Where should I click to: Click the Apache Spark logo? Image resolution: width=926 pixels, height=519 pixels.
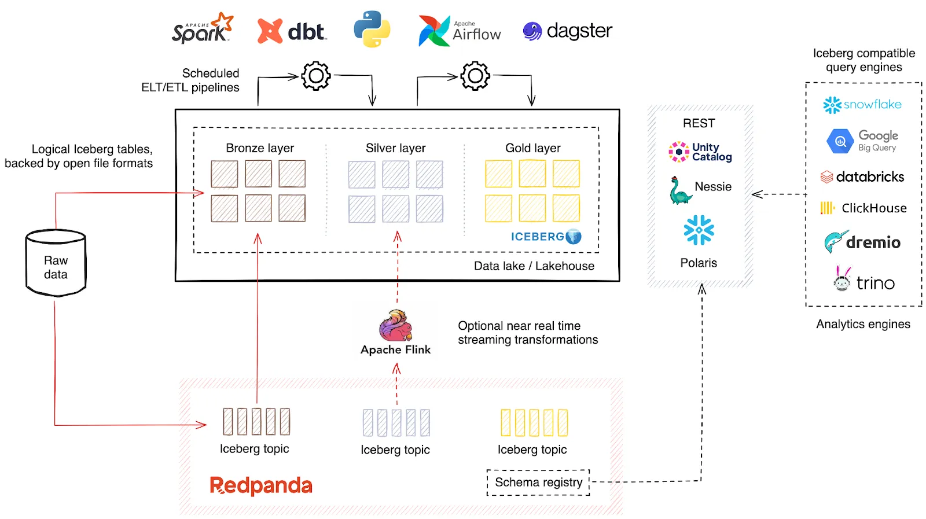203,29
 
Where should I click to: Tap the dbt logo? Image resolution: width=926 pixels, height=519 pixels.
292,31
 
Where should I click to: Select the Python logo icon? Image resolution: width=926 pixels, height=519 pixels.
372,29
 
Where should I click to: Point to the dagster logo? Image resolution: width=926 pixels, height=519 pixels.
567,31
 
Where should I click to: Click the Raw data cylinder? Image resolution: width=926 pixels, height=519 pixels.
56,263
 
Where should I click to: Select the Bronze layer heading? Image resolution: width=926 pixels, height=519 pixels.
260,148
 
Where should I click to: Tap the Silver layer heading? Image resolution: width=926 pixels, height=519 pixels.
395,148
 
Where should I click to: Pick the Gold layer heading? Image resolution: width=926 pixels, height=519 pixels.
532,148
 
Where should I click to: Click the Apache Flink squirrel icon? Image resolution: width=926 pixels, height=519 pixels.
396,325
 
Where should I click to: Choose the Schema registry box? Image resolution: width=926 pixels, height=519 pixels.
538,483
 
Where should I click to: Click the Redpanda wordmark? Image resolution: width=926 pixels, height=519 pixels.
261,485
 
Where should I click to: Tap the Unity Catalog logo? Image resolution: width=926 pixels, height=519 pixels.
700,152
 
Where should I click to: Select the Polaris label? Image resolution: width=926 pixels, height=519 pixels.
699,263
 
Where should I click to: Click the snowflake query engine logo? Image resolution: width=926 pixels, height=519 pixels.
862,105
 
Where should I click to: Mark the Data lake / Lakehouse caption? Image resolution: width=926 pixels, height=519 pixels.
534,266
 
